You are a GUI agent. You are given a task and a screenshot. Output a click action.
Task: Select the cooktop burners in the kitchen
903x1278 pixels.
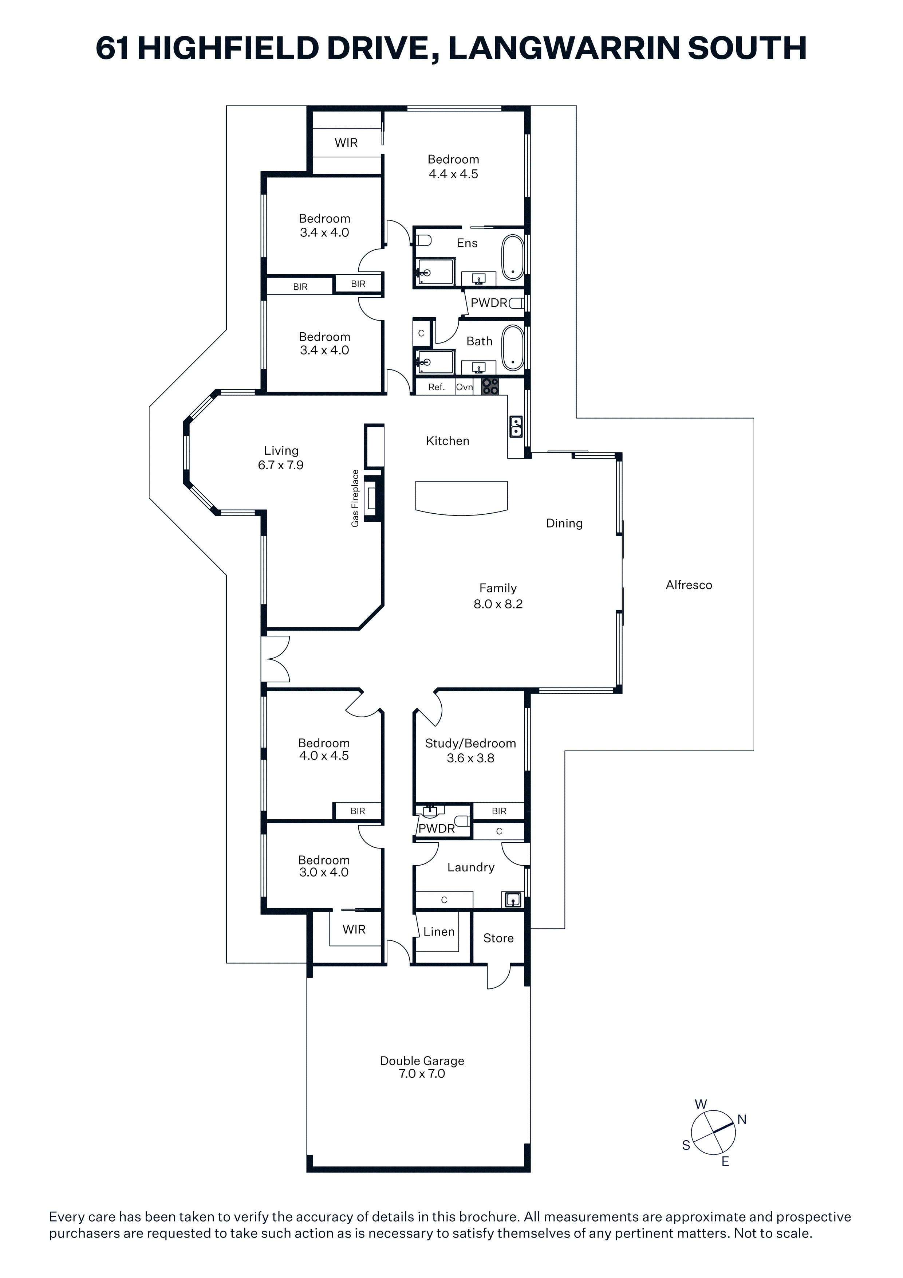coord(490,386)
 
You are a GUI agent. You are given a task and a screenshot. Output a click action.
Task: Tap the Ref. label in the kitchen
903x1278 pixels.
coord(437,387)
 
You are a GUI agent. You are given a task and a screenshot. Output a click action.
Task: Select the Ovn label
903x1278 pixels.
coord(465,387)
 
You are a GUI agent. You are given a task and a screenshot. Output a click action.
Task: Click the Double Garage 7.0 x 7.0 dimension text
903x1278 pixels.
coord(422,1074)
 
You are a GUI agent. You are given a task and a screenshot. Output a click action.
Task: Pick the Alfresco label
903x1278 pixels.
coord(689,585)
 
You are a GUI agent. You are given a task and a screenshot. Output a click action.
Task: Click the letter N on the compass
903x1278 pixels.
coord(742,1120)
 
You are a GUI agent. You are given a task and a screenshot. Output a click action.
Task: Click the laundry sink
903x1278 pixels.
coord(512,899)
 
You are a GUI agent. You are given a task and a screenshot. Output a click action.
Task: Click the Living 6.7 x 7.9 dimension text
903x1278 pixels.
coord(281,465)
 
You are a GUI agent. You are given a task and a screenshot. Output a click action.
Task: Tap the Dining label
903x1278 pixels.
coord(564,523)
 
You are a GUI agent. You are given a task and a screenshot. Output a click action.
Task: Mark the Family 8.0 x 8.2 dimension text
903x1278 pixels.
coord(498,604)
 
